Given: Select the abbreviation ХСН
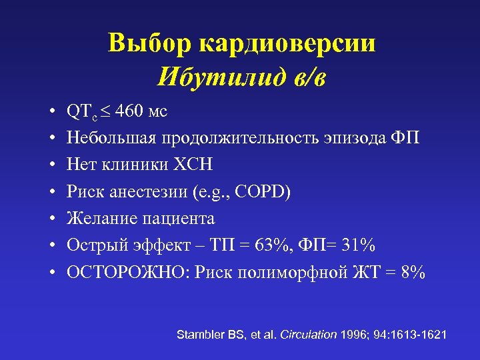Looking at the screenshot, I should (199, 164).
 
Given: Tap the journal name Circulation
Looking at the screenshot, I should (308, 334).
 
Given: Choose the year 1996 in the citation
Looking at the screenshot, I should (353, 334).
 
